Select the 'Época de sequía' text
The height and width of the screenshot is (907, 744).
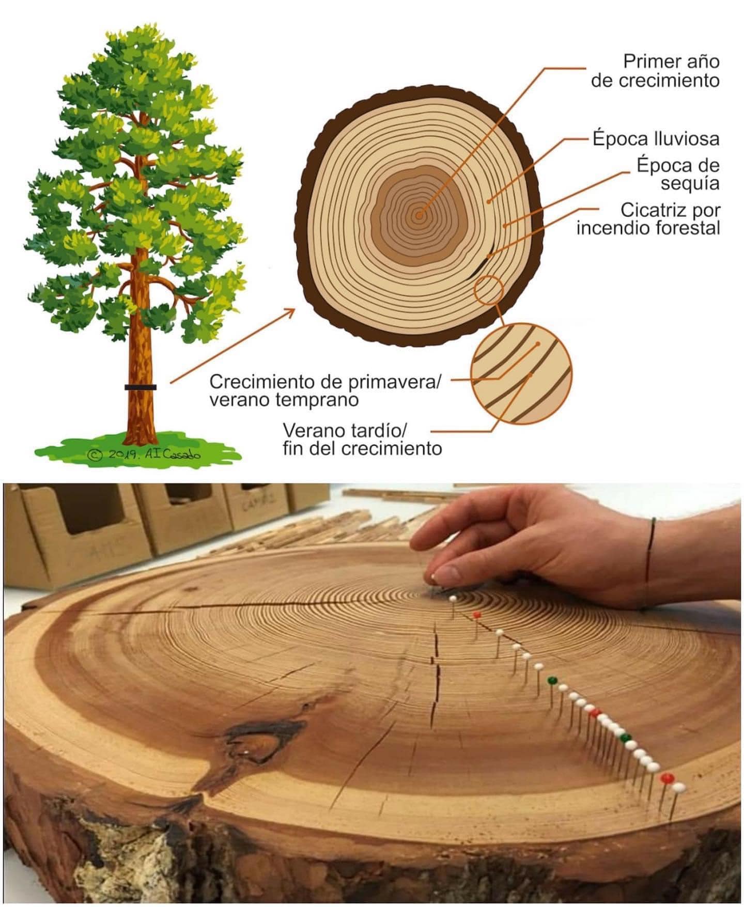pyautogui.click(x=677, y=174)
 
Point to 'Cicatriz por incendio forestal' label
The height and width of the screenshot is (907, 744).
pyautogui.click(x=648, y=219)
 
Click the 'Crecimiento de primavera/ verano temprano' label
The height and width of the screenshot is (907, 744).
pyautogui.click(x=326, y=390)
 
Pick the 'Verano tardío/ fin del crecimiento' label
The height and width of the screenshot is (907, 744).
pyautogui.click(x=362, y=439)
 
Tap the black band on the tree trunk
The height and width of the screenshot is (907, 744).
pyautogui.click(x=140, y=387)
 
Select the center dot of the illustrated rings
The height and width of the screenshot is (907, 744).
pyautogui.click(x=419, y=216)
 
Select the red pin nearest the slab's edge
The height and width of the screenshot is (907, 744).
pyautogui.click(x=667, y=777)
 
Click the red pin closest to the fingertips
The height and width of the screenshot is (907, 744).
pyautogui.click(x=477, y=615)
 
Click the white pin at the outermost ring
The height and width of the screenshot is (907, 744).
pyautogui.click(x=678, y=787)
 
